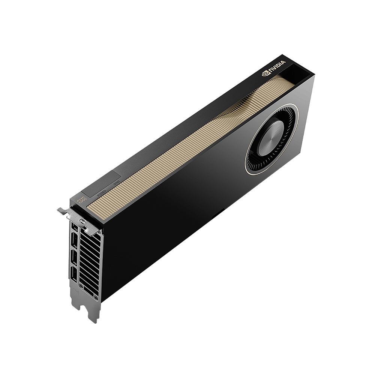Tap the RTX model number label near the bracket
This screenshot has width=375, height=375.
coord(81,199)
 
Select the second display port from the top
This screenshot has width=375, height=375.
coord(73,240)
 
